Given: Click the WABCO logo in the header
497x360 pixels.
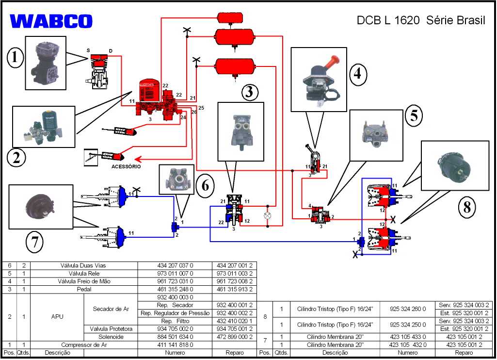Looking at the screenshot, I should (51, 21).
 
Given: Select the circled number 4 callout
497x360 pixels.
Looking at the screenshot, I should (357, 74).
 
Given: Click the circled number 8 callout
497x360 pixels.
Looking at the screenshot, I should (467, 207).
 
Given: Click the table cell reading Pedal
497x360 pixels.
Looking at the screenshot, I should (83, 289).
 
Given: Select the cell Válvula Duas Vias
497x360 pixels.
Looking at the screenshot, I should (83, 265).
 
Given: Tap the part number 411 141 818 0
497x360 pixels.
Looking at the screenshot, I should (175, 344).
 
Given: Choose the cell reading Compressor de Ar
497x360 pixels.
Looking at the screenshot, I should (83, 344).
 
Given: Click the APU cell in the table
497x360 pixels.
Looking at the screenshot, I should (57, 317).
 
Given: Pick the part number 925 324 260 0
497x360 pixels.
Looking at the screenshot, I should (408, 309).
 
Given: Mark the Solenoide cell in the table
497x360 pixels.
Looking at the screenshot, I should (111, 337).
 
